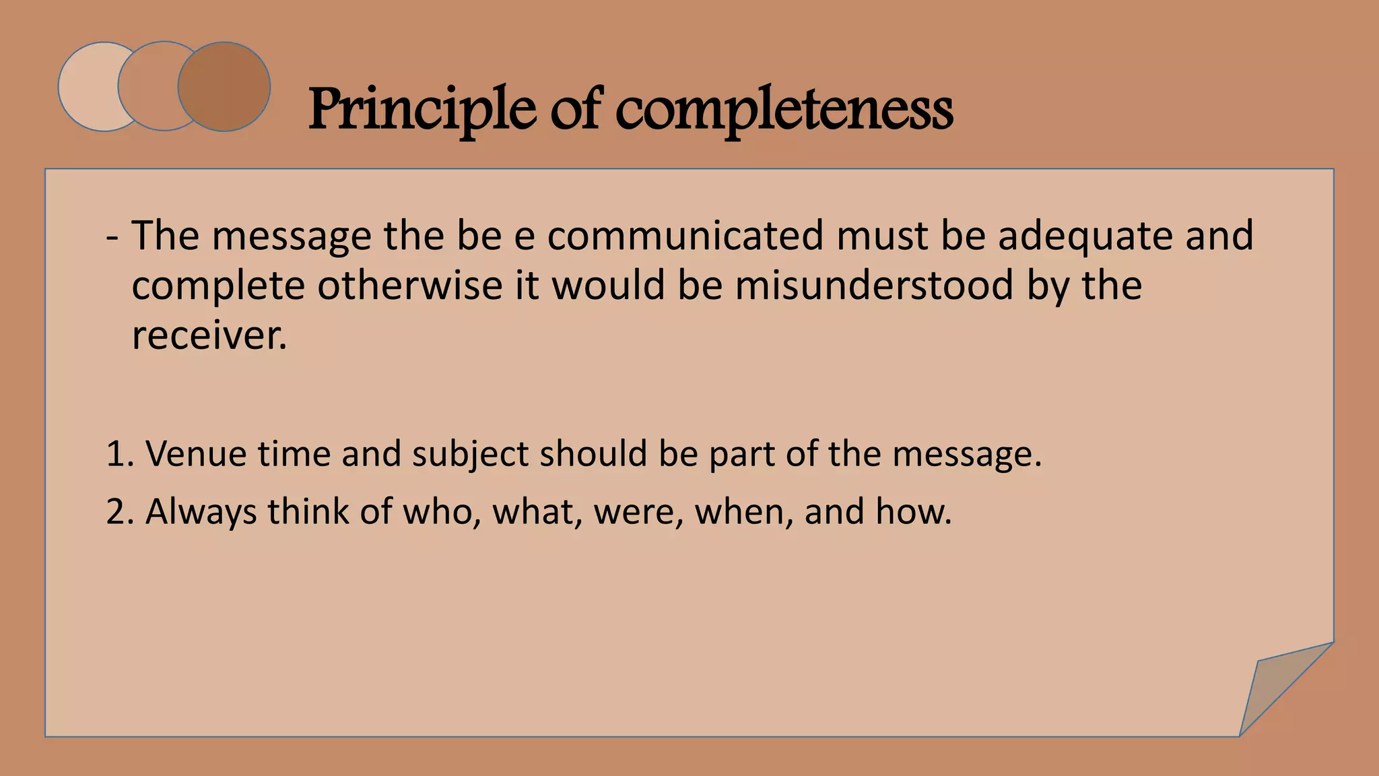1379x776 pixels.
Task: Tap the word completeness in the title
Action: pyautogui.click(x=784, y=109)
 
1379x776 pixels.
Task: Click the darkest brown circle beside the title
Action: pyautogui.click(x=224, y=87)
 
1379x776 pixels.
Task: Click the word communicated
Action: pyautogui.click(x=685, y=236)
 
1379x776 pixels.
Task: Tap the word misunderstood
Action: pyautogui.click(x=874, y=285)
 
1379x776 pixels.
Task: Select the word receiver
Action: pyautogui.click(x=209, y=335)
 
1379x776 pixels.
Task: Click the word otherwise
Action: pyautogui.click(x=410, y=285)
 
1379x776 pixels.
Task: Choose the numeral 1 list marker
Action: pyautogui.click(x=116, y=453)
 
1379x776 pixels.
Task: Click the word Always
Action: pyautogui.click(x=201, y=511)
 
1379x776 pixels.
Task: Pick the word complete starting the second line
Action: pyautogui.click(x=218, y=286)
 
